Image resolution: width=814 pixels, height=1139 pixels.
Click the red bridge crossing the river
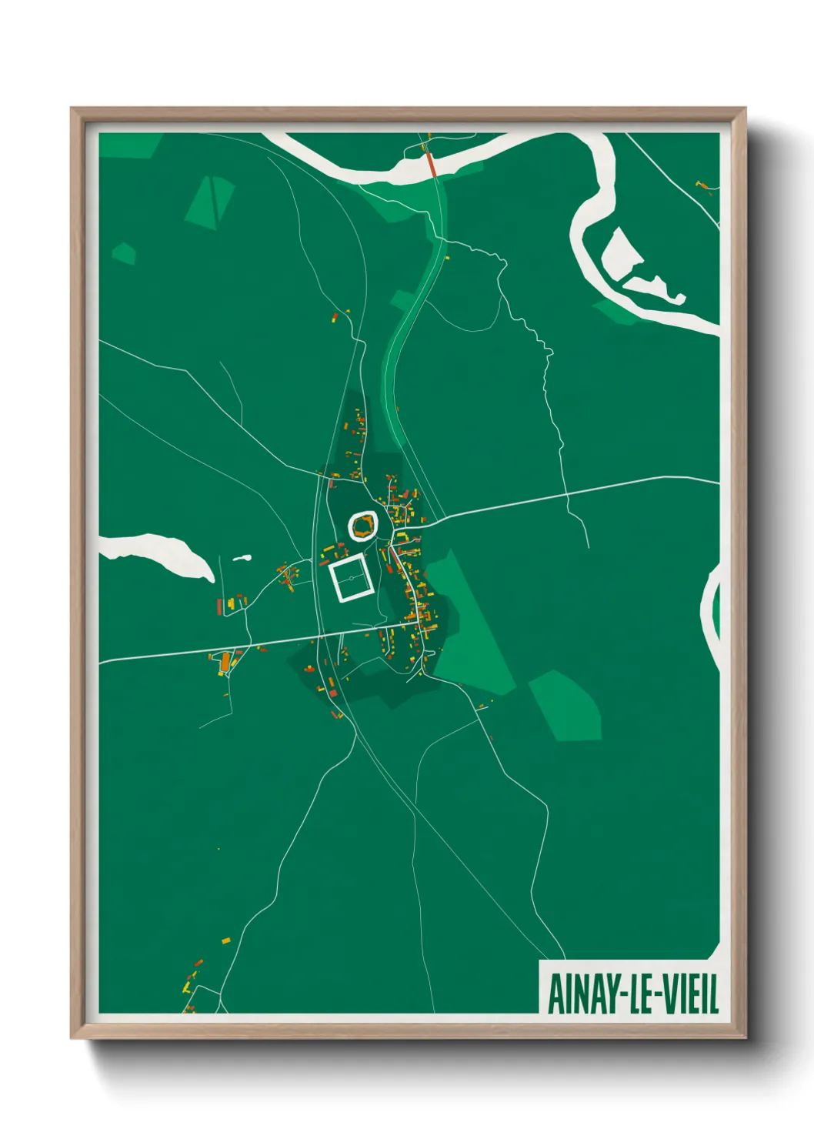click(432, 165)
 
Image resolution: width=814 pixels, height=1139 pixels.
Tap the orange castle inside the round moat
click(364, 527)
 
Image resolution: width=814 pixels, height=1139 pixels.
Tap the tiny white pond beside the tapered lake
click(242, 558)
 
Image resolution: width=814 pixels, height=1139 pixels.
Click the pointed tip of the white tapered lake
click(211, 578)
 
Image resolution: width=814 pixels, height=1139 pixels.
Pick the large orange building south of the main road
click(225, 660)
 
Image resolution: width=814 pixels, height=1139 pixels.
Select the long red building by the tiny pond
click(219, 606)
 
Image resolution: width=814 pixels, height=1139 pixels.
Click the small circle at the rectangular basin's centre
click(351, 578)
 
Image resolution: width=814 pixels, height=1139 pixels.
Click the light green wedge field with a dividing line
click(210, 202)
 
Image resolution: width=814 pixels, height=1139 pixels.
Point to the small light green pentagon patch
click(123, 252)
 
